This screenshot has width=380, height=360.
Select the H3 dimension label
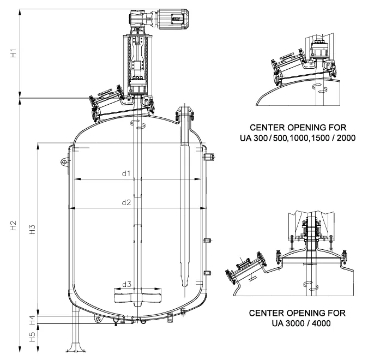[x=32, y=229]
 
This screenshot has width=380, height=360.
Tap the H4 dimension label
[x=32, y=320]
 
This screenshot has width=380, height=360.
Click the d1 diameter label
[x=126, y=173]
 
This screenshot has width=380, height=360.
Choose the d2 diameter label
[x=126, y=202]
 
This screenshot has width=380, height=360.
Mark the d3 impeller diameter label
[x=126, y=284]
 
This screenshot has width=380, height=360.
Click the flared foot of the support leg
[x=74, y=347]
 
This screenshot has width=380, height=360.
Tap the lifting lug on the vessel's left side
[x=64, y=162]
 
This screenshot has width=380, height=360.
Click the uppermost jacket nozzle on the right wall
[x=207, y=158]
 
